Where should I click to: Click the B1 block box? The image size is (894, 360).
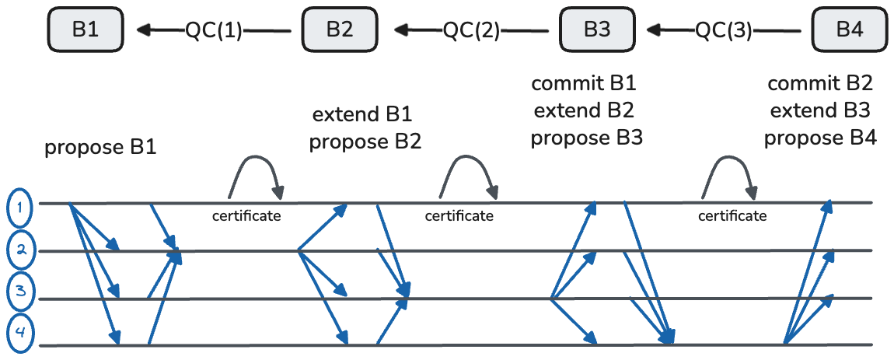86,30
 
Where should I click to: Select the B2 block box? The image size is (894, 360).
339,30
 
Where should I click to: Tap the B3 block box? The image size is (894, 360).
597,30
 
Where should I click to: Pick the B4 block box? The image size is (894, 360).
849,30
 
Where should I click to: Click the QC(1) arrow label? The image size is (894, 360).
214,30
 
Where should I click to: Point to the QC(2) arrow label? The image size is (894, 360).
471,30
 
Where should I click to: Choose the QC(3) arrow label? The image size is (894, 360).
724,30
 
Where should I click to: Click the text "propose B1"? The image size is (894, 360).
100,147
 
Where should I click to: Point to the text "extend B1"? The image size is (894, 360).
362,115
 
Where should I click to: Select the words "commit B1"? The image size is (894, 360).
588,82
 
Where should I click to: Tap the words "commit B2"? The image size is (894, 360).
820,83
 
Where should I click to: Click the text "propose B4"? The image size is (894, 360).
820,138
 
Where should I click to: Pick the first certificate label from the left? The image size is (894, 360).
246,215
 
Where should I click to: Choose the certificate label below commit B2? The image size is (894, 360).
732,215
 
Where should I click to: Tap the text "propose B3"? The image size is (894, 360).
587,138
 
